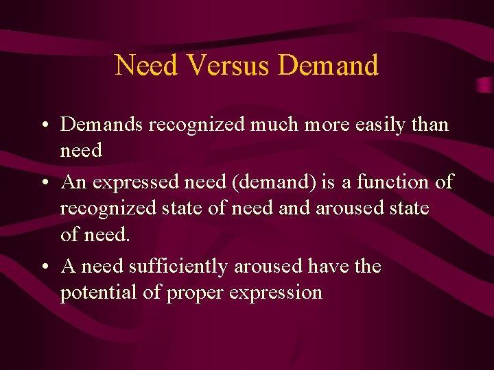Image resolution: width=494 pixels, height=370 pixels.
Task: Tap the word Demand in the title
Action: point(329,66)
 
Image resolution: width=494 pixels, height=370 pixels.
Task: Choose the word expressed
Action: point(134,182)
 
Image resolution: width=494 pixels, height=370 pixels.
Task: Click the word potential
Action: point(95,293)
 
